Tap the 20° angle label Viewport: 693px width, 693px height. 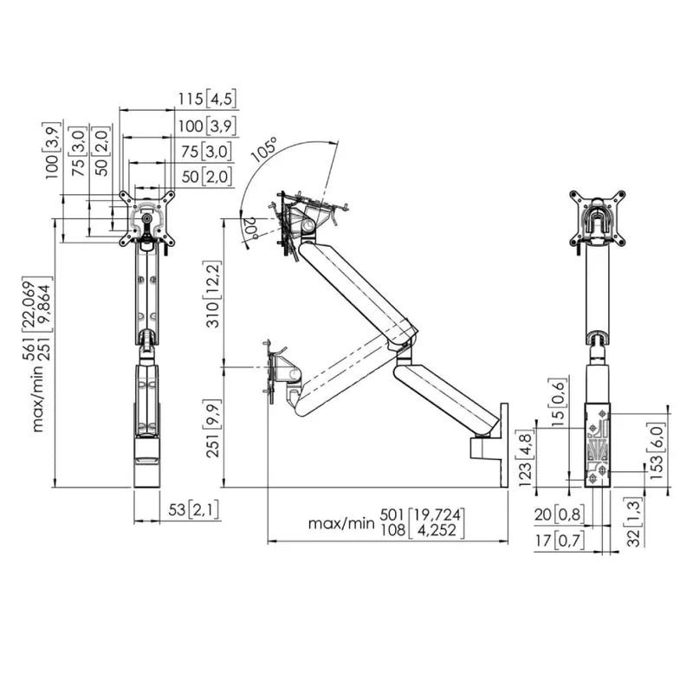coord(250,228)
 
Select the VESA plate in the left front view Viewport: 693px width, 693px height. coord(149,217)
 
